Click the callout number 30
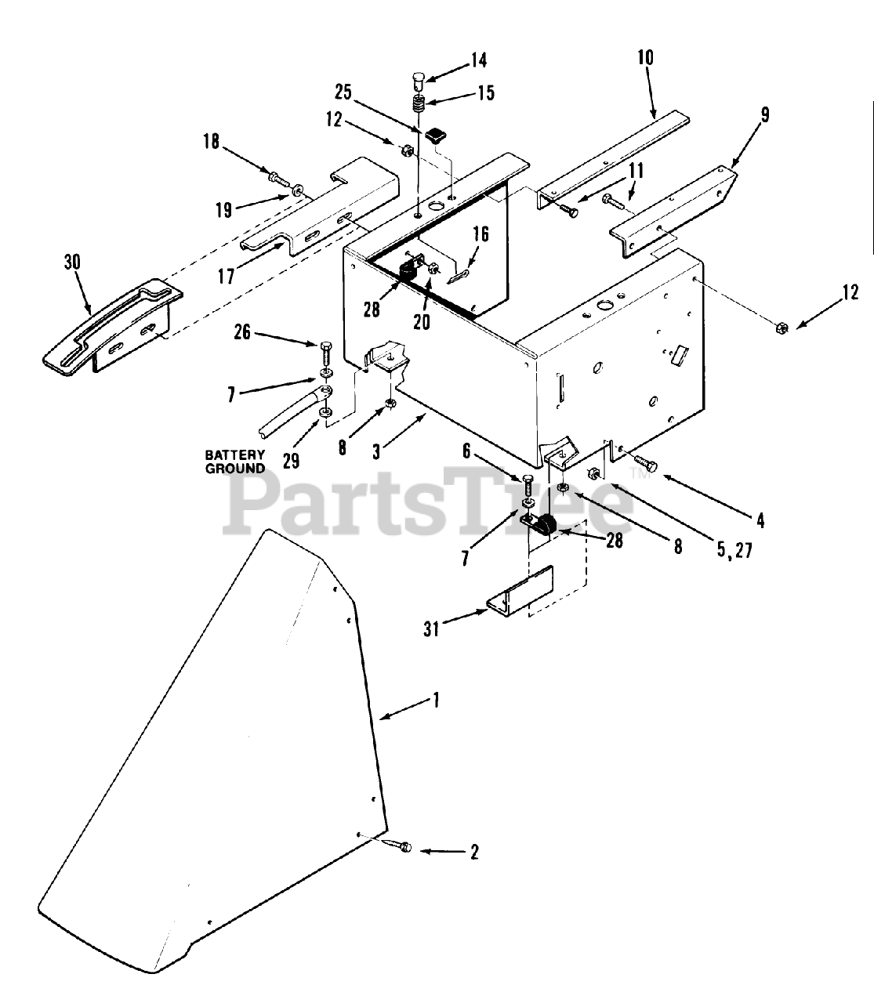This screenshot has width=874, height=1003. [x=71, y=263]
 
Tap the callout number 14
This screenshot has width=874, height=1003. [x=478, y=60]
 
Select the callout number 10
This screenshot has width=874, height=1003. [x=645, y=58]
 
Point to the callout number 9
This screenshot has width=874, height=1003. [x=766, y=114]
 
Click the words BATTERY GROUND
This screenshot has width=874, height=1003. [x=234, y=462]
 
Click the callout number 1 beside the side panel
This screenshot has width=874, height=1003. [x=436, y=699]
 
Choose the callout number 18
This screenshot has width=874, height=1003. [x=210, y=142]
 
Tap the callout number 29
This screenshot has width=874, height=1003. [x=291, y=460]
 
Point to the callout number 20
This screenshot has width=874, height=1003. [x=422, y=321]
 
